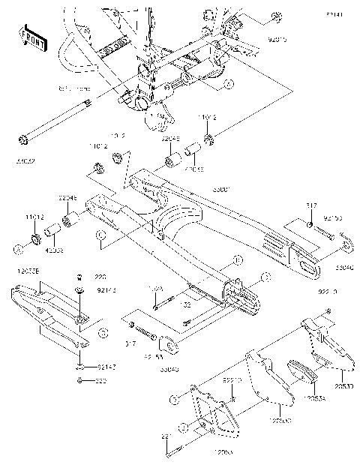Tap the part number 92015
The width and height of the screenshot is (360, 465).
pyautogui.click(x=279, y=35)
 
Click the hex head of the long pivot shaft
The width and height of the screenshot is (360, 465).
pyautogui.click(x=23, y=139)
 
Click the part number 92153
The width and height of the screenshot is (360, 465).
pyautogui.click(x=333, y=218)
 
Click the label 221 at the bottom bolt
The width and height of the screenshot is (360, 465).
pyautogui.click(x=166, y=436)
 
